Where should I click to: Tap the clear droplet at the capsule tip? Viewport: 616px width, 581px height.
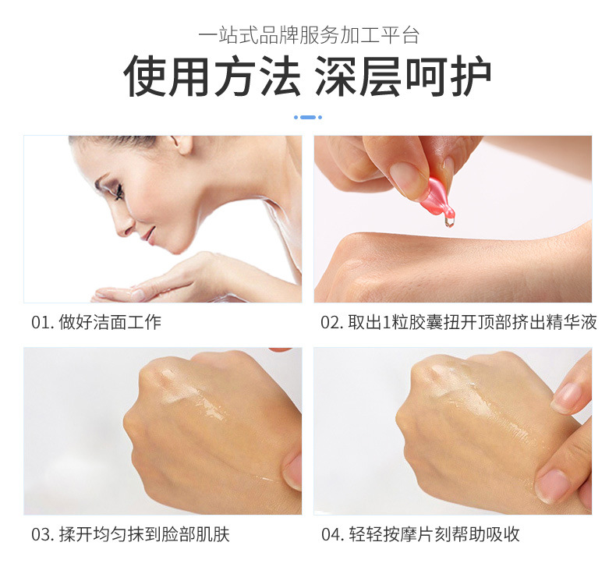coord(448,223)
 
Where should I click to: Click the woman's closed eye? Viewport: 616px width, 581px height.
coord(117,192)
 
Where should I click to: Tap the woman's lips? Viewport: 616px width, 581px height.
coord(148,235)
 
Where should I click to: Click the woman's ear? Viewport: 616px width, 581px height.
coord(182,144)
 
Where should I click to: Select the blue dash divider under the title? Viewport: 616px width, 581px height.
coord(308,117)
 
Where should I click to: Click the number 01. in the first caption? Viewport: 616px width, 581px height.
coord(42,323)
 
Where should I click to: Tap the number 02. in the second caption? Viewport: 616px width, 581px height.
coord(332,323)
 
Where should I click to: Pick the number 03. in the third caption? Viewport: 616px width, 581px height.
coord(42,535)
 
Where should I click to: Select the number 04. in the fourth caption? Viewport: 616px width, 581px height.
coord(332,535)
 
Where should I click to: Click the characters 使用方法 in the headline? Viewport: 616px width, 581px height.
coord(212,76)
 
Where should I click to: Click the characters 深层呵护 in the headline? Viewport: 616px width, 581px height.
coord(403,76)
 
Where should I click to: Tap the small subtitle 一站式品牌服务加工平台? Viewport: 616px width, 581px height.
coord(309,35)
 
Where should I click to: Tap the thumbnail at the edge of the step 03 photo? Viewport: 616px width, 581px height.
coord(294,470)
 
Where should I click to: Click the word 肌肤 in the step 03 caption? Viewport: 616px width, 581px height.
coord(213,535)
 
